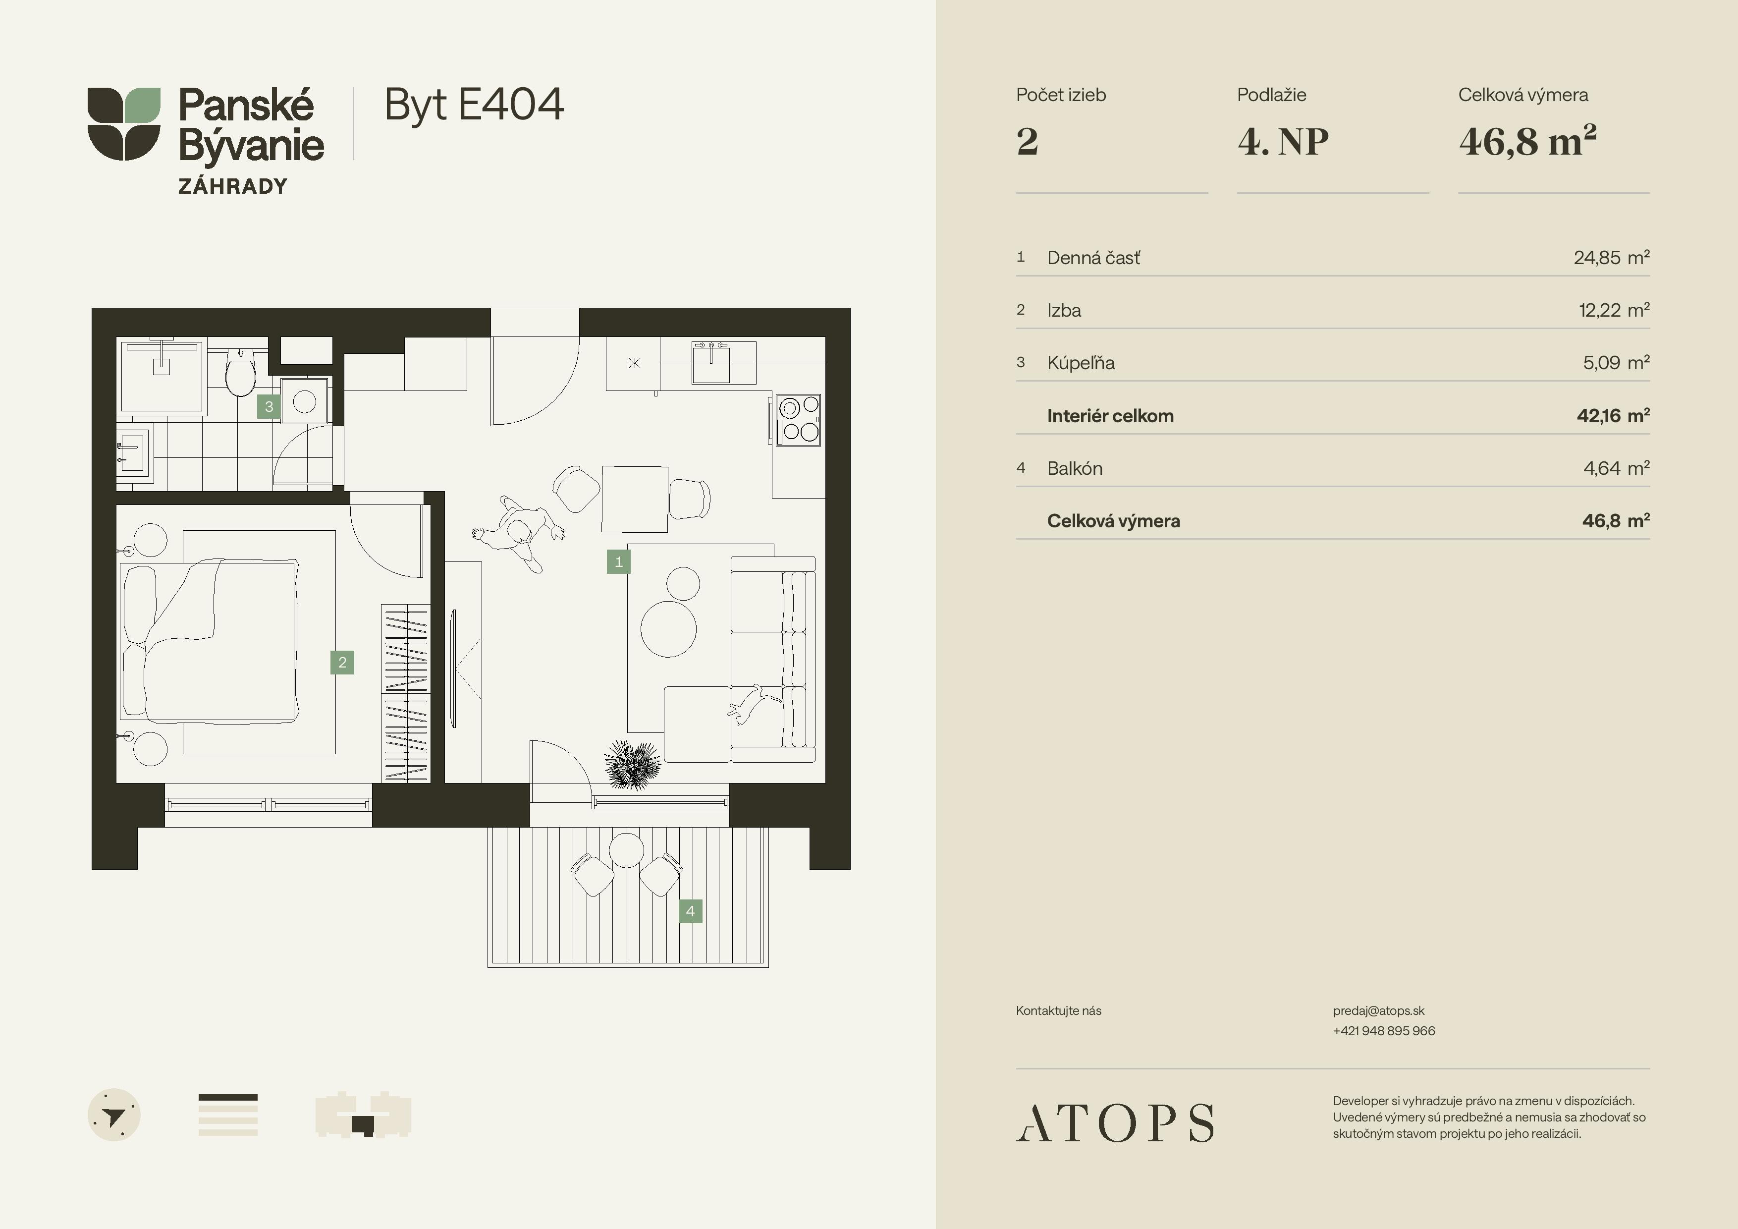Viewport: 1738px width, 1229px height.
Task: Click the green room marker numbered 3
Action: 269,407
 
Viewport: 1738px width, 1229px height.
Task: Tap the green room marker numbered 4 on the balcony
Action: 690,911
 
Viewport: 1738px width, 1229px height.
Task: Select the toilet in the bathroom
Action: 241,373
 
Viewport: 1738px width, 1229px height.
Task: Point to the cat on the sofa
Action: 748,704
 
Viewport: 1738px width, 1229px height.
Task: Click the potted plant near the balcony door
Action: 632,765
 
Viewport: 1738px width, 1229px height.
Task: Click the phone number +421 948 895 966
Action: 1384,1031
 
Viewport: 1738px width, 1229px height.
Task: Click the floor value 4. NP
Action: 1283,142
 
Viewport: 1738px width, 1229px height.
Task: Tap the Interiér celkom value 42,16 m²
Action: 1613,416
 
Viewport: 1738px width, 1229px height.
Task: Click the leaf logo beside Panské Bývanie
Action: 123,123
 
